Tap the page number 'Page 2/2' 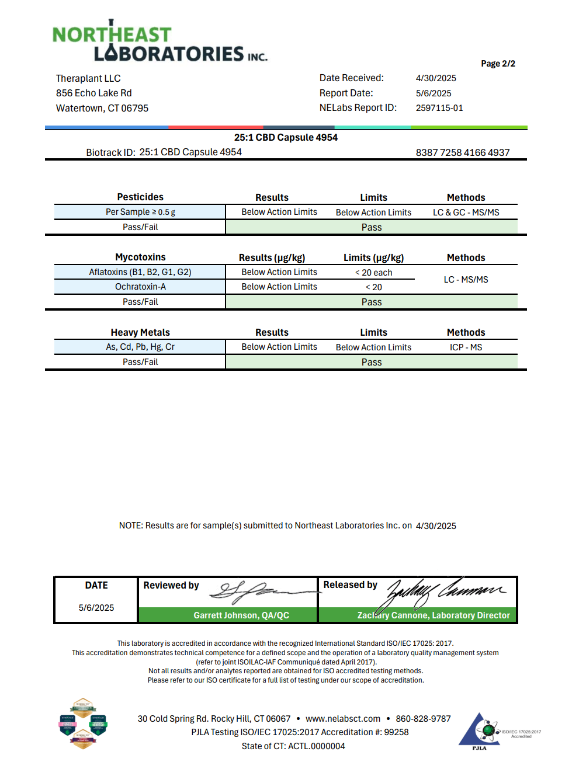tap(498, 64)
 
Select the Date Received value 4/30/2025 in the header tap(436, 78)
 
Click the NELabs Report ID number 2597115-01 tap(439, 108)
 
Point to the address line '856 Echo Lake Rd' tap(94, 93)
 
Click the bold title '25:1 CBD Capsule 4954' tap(286, 137)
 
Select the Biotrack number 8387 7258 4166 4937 tap(463, 152)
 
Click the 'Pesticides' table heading tap(140, 197)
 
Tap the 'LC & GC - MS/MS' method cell tap(466, 213)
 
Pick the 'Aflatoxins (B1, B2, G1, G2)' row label tap(140, 272)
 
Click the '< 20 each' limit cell tap(373, 273)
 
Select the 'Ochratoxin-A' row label tap(140, 287)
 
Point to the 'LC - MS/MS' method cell tap(466, 280)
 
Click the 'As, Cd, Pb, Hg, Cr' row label tap(140, 347)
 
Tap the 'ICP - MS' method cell tap(466, 347)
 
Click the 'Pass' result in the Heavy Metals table tap(372, 362)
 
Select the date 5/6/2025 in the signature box tap(96, 608)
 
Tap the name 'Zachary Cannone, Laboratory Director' tap(434, 615)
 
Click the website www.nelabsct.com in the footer tap(343, 719)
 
